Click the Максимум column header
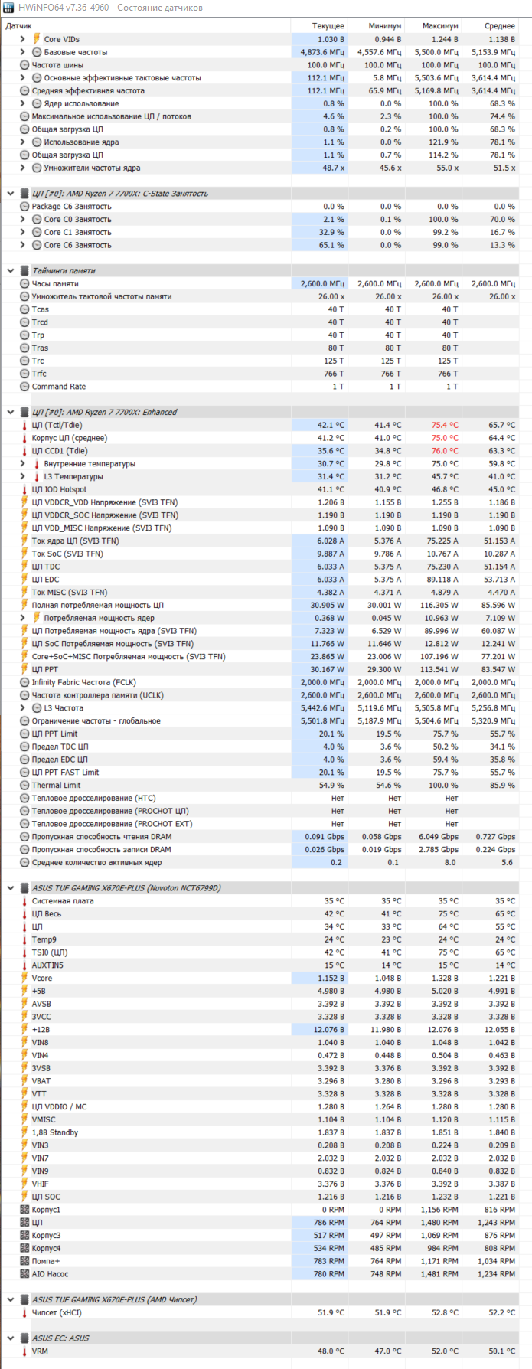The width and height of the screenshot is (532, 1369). pos(440,26)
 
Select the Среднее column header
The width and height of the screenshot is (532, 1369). pos(499,26)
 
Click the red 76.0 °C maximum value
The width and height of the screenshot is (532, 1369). pos(444,451)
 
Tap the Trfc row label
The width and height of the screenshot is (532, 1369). pos(39,374)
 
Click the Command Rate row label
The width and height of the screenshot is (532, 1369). pos(58,387)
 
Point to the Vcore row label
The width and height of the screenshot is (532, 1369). pos(42,979)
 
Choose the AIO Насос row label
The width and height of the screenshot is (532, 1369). pos(50,1274)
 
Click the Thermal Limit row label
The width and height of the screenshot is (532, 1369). pos(56,786)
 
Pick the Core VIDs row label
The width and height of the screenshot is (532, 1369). pos(61,39)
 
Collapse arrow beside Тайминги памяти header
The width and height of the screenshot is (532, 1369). pos(10,271)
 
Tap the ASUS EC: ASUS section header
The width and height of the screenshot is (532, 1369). pos(60,1338)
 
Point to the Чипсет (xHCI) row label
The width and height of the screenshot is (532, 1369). pos(57,1312)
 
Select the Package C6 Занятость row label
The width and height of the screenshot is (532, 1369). pos(71,207)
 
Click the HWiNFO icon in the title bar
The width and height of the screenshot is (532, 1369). pos(8,8)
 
